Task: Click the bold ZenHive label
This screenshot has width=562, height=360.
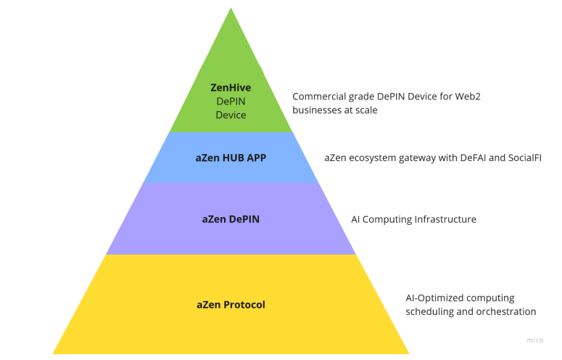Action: pyautogui.click(x=231, y=88)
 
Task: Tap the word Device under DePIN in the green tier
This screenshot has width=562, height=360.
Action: pyautogui.click(x=231, y=115)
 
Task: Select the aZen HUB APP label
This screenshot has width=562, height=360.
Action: pyautogui.click(x=231, y=157)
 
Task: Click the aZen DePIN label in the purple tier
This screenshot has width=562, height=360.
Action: pyautogui.click(x=231, y=218)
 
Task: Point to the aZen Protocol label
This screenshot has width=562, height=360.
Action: pyautogui.click(x=231, y=305)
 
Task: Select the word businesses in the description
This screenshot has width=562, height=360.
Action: pyautogui.click(x=317, y=110)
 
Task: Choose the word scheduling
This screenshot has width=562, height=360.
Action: pyautogui.click(x=430, y=312)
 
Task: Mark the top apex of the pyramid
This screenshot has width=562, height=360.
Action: pyautogui.click(x=231, y=9)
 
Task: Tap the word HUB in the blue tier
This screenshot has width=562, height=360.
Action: pyautogui.click(x=231, y=157)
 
